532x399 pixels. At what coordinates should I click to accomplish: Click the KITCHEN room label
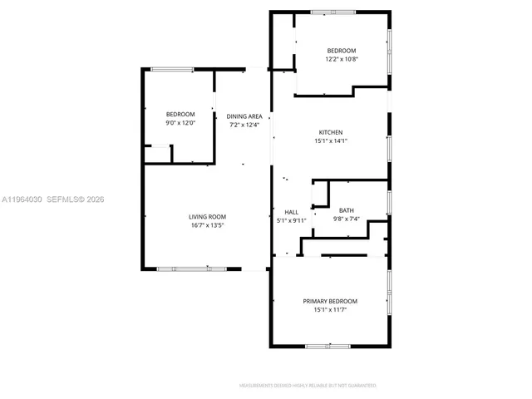(331, 133)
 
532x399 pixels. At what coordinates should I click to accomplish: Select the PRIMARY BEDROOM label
(330, 301)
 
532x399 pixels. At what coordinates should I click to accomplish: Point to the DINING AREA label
(244, 116)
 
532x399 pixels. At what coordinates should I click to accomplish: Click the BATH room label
(346, 211)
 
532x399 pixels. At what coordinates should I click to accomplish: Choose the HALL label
(291, 212)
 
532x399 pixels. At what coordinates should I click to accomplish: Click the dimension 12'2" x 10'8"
(341, 59)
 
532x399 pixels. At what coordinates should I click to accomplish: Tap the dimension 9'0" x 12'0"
(180, 123)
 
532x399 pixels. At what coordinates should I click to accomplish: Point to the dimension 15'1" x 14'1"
(331, 141)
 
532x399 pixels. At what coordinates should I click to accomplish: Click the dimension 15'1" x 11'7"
(330, 309)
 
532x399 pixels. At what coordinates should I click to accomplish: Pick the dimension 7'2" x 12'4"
(244, 125)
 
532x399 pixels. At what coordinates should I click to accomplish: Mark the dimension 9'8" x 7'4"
(346, 219)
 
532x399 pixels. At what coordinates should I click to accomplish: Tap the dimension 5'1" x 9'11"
(291, 220)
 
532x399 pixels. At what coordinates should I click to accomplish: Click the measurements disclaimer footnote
(308, 386)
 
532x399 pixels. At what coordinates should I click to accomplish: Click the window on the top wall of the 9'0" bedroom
(173, 69)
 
